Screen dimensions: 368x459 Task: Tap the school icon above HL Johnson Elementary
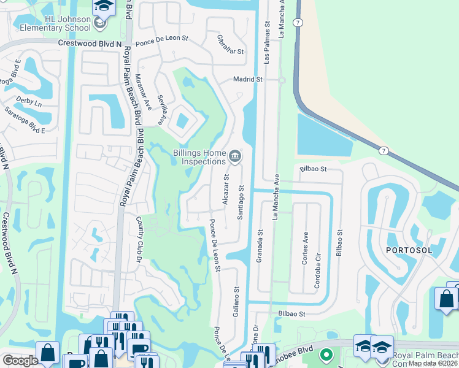(x=104, y=7)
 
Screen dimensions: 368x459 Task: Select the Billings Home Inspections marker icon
(x=234, y=158)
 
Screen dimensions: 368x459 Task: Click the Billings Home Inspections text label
(x=199, y=157)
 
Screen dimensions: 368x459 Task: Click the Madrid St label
(x=247, y=80)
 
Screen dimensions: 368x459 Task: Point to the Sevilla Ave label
(x=163, y=111)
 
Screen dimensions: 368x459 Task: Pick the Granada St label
(x=260, y=245)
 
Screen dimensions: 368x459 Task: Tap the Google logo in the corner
(x=20, y=361)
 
